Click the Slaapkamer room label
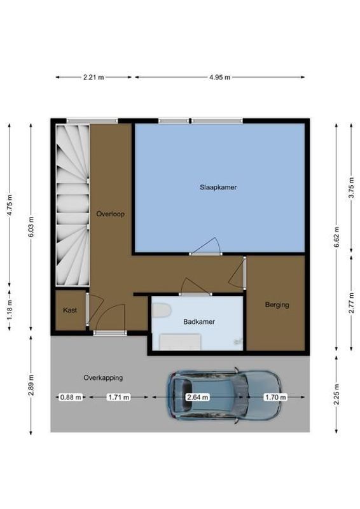coord(218,188)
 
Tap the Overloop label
coord(110,214)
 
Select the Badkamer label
coord(199,322)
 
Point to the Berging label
coord(277,305)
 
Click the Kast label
coord(69,310)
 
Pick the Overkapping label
coord(102,377)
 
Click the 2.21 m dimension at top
coord(93,77)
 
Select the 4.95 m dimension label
coord(219,77)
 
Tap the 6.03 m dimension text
coord(31,227)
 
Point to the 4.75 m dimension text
coord(10,205)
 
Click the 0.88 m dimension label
coord(71,397)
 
